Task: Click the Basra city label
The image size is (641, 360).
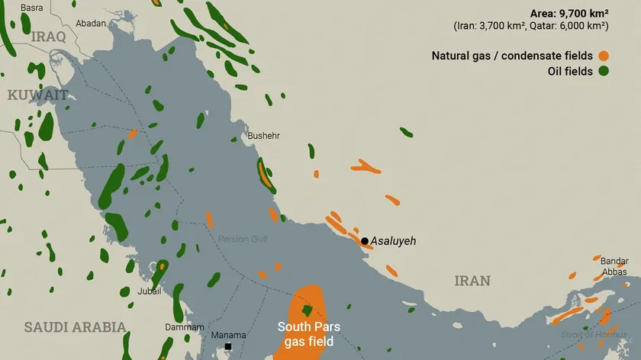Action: (32, 8)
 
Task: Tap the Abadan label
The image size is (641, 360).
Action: (91, 24)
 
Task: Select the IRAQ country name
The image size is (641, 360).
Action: (49, 36)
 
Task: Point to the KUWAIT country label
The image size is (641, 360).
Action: (38, 95)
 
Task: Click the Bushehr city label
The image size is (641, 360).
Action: (263, 136)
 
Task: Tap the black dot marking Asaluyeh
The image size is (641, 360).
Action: (365, 241)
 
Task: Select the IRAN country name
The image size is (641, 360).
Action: (472, 281)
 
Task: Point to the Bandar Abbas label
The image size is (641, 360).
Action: (614, 266)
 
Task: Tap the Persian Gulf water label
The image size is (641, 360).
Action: (243, 239)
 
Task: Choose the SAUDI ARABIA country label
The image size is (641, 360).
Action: (75, 327)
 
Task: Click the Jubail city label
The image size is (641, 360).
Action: (149, 291)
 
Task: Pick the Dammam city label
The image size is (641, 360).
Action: (185, 327)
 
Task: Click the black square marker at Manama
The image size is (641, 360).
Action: (227, 347)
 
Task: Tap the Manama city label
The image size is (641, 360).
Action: (228, 335)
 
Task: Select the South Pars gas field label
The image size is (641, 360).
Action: (309, 334)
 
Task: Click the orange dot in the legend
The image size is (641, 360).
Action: (603, 56)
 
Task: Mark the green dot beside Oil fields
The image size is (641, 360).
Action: (603, 72)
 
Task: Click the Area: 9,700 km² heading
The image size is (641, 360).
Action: (569, 13)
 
